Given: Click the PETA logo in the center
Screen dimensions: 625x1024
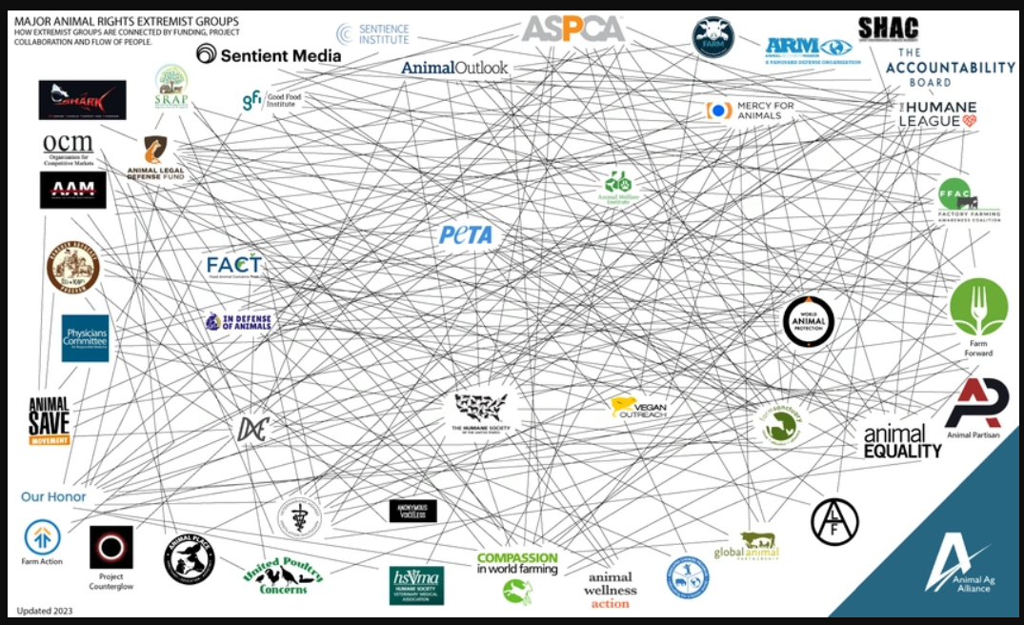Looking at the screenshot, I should tap(466, 234).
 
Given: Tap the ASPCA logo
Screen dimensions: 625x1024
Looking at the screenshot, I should tap(572, 29).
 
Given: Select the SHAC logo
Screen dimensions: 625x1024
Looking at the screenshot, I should tap(887, 29).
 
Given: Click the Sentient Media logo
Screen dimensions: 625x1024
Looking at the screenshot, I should tap(269, 55).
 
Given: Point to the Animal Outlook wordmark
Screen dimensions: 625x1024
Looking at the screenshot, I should tap(454, 68).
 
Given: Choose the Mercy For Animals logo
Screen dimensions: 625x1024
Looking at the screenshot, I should tap(750, 110).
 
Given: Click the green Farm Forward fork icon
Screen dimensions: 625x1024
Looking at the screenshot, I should tap(977, 307).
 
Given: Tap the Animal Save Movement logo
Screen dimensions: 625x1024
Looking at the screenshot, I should tap(49, 421).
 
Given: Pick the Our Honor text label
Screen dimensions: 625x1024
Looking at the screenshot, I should tap(53, 496).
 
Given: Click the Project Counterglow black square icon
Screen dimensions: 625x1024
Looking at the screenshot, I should tap(111, 547).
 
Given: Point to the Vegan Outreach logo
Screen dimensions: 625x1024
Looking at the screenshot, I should tap(638, 408).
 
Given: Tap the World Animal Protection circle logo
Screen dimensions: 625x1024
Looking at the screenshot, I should tap(809, 320).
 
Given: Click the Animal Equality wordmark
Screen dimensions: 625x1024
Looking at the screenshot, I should tap(902, 441).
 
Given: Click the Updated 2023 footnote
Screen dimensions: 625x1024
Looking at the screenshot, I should tap(46, 610).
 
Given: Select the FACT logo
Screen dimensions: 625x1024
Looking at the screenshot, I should tap(234, 265).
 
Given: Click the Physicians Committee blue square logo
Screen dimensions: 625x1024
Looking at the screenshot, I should tap(86, 338).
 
